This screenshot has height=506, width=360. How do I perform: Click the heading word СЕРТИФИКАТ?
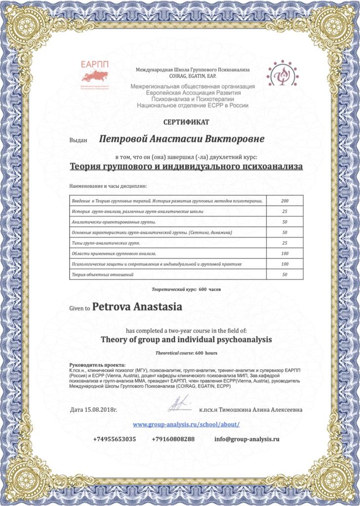tap(186, 122)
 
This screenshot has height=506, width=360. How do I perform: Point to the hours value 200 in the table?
tap(284, 201)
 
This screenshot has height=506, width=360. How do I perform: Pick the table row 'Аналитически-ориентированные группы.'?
tap(168, 222)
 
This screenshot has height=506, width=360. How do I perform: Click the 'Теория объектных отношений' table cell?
tap(168, 274)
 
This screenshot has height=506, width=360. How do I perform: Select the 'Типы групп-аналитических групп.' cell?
tap(168, 243)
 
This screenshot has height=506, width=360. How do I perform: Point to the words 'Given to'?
tap(80, 308)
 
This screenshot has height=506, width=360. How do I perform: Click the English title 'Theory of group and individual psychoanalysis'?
tap(186, 340)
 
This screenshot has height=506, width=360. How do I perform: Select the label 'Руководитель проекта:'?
tap(91, 365)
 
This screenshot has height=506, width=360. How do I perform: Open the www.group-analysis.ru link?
tap(186, 424)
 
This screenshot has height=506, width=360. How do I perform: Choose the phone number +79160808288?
tap(173, 439)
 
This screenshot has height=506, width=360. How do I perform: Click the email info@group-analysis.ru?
tap(247, 439)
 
